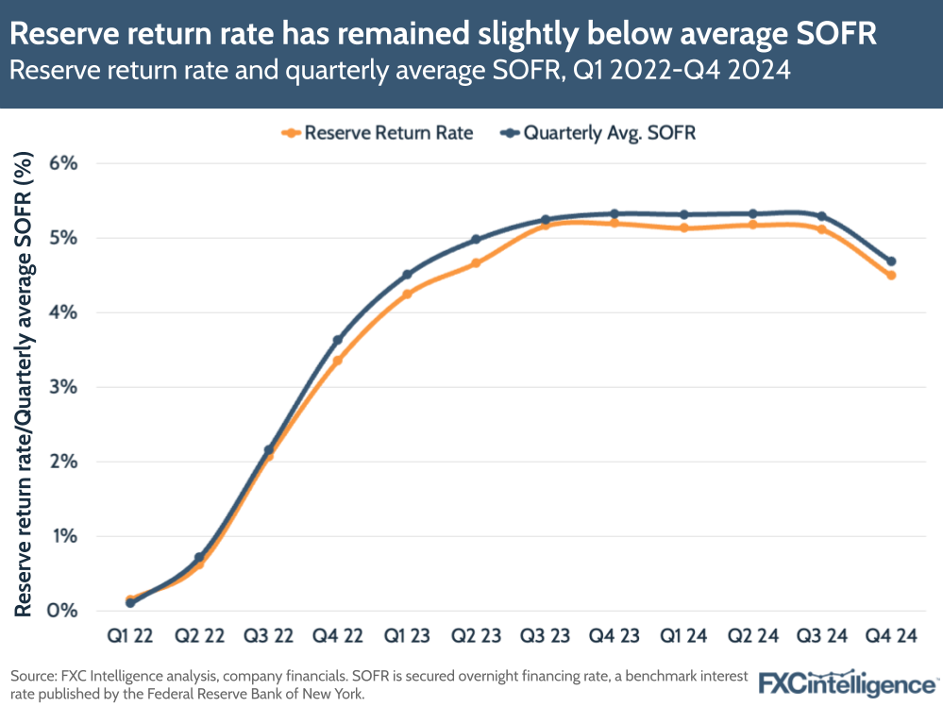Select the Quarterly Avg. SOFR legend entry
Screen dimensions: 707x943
(600, 133)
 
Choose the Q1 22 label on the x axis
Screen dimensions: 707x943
(129, 636)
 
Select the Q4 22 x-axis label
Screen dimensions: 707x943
(337, 636)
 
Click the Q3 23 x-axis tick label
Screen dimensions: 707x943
(545, 636)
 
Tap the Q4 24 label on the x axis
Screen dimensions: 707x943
(891, 636)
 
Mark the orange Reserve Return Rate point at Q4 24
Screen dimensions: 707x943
(891, 275)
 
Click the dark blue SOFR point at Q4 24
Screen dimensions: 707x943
(891, 261)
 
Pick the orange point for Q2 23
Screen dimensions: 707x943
(476, 263)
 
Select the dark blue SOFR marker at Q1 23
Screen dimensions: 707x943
(407, 275)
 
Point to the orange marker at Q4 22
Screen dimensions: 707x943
(337, 361)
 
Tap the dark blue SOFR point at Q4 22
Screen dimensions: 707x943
(337, 340)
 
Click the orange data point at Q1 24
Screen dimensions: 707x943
(683, 227)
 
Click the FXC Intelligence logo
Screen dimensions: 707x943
(848, 682)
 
